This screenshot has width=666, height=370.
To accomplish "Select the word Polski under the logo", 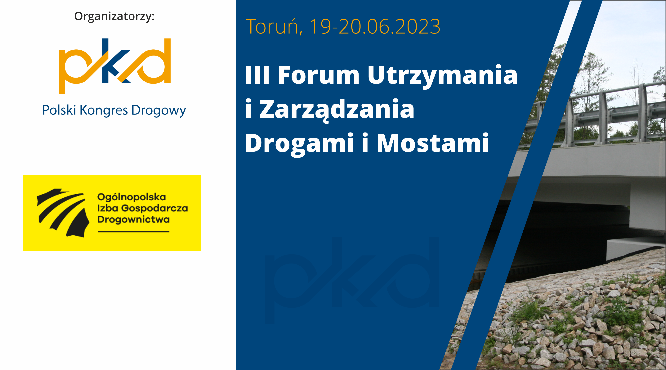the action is click(x=59, y=110).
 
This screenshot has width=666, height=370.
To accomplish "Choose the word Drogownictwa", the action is click(x=133, y=219).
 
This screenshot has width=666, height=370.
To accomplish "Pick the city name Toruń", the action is click(x=274, y=27).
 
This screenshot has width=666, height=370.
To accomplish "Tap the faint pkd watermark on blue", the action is click(x=352, y=281).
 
